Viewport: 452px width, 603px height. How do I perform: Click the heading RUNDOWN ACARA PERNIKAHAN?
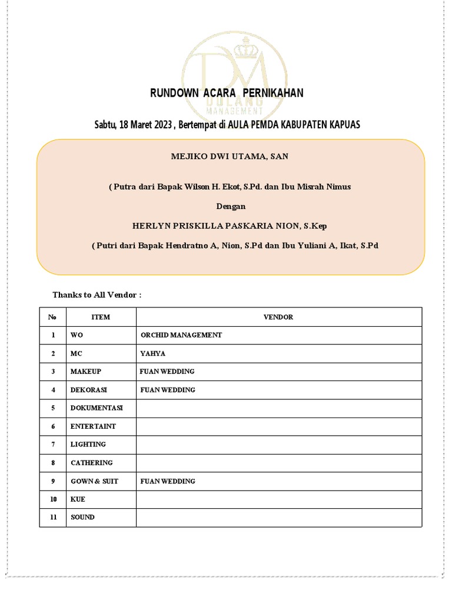point(227,93)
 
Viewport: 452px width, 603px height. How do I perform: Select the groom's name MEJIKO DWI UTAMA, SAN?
point(230,156)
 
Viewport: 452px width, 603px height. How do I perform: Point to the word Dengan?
point(231,206)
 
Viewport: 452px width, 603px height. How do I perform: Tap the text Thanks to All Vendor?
point(97,294)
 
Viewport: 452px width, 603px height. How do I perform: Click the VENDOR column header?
point(278,317)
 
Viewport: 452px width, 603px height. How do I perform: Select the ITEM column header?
point(101,317)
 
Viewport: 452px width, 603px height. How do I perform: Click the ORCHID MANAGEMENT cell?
point(181,335)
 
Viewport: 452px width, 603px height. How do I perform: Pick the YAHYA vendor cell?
point(153,353)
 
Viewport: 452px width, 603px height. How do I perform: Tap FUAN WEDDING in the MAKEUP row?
point(167,372)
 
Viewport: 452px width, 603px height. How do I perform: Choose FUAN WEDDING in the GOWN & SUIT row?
point(168,481)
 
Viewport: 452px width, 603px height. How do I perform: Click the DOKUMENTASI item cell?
point(97,408)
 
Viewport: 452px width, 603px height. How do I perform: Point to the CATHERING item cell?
point(92,463)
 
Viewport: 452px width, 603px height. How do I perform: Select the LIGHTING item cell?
point(88,445)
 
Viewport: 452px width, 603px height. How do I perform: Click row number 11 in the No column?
point(53,517)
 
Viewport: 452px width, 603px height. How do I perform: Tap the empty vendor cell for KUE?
point(278,499)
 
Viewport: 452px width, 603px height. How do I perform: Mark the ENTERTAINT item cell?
point(94,426)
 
